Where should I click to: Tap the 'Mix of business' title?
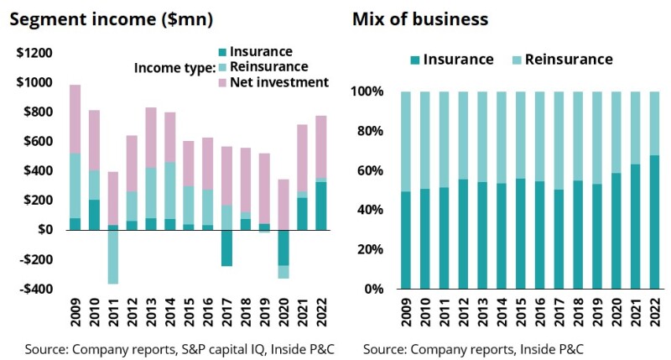pyautogui.click(x=420, y=18)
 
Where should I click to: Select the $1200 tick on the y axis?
pyautogui.click(x=34, y=53)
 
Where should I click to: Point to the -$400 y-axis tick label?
pyautogui.click(x=34, y=289)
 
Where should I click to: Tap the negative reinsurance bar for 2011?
pyautogui.click(x=112, y=256)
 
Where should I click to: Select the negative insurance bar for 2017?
pyautogui.click(x=226, y=248)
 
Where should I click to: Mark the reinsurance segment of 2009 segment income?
pyautogui.click(x=75, y=185)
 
